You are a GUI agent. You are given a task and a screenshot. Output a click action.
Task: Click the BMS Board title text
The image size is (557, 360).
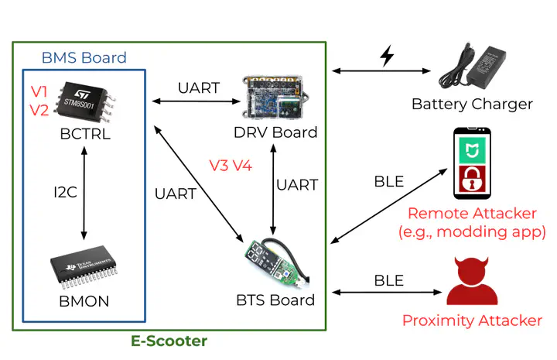pyautogui.click(x=84, y=58)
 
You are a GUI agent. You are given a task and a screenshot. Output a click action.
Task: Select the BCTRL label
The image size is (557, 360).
pyautogui.click(x=85, y=134)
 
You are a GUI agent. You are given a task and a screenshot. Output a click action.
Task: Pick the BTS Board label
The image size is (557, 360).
pyautogui.click(x=275, y=300)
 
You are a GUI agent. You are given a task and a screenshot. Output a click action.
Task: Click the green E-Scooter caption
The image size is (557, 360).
pyautogui.click(x=168, y=341)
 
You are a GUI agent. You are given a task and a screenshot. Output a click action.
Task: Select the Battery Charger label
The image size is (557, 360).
pyautogui.click(x=472, y=104)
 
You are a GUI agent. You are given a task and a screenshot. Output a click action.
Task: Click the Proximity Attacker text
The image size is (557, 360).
pyautogui.click(x=472, y=321)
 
